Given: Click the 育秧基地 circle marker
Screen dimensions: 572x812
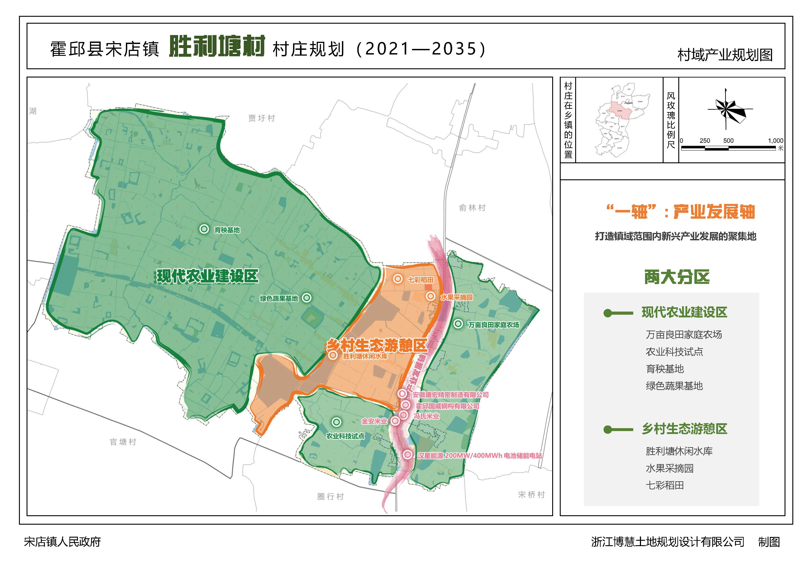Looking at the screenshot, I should (x=204, y=229).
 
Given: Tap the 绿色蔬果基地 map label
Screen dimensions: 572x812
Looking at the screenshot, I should (x=279, y=298).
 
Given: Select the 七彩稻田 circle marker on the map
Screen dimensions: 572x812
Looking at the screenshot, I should (x=398, y=279).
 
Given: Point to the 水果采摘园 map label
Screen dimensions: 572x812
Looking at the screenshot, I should (x=457, y=297).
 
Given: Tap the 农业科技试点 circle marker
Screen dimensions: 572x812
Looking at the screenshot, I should (x=336, y=422).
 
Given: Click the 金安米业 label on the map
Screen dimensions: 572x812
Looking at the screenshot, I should (x=374, y=421).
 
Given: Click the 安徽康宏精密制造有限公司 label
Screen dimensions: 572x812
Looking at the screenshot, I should (x=450, y=395).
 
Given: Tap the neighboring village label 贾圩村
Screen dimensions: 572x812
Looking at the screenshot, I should (x=261, y=118).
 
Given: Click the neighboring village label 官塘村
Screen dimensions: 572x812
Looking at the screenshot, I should (x=123, y=442).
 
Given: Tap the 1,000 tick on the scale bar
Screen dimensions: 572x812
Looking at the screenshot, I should (x=775, y=141).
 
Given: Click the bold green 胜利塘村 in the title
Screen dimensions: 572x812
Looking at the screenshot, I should (x=217, y=46).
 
